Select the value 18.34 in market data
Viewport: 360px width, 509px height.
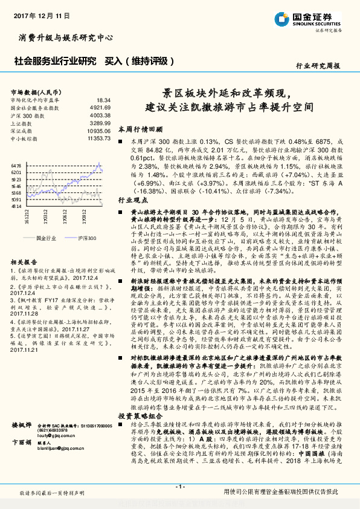point(103,100)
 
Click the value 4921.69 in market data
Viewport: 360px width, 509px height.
point(100,107)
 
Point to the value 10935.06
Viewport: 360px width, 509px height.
point(98,131)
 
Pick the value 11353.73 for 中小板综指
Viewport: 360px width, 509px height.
point(98,138)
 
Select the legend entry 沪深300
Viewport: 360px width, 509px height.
point(86,239)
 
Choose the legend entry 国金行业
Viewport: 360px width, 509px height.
point(46,239)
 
